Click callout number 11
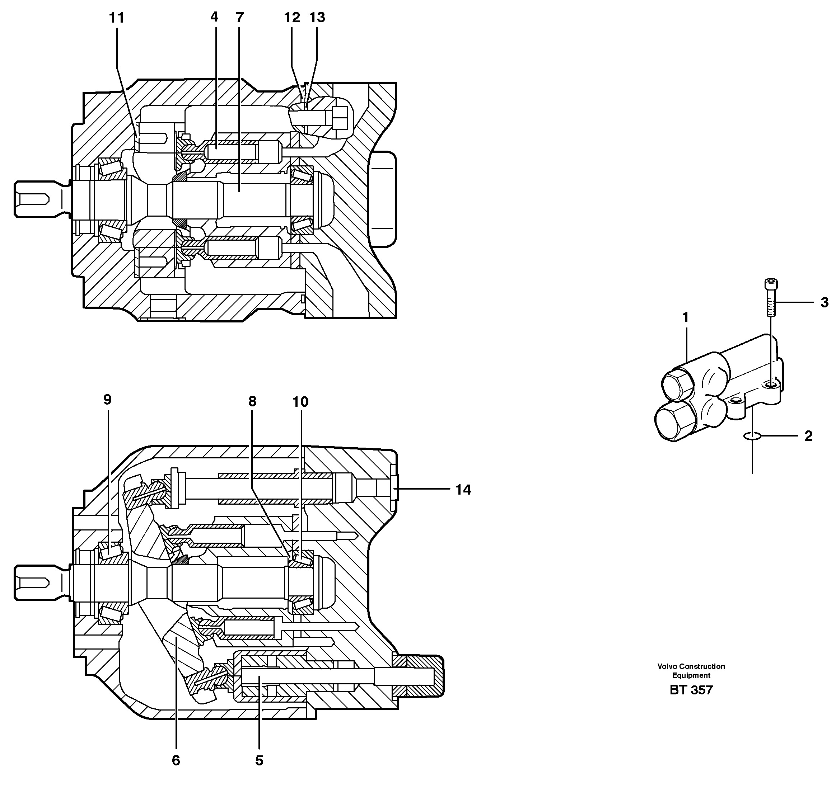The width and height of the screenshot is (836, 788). tap(117, 18)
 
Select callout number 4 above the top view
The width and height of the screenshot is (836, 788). tap(214, 17)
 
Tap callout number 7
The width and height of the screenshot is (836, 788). tap(239, 17)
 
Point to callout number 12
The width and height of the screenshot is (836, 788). tap(292, 17)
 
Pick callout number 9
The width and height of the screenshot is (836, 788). tap(107, 400)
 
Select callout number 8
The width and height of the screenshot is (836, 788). tap(252, 402)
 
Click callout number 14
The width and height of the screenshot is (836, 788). tap(463, 490)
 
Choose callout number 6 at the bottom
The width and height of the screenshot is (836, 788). tap(176, 760)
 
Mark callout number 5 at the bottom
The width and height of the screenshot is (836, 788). tap(259, 760)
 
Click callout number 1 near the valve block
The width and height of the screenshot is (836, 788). tap(686, 318)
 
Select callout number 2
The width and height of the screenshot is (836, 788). tap(808, 436)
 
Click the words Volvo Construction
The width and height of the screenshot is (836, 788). tap(691, 666)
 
